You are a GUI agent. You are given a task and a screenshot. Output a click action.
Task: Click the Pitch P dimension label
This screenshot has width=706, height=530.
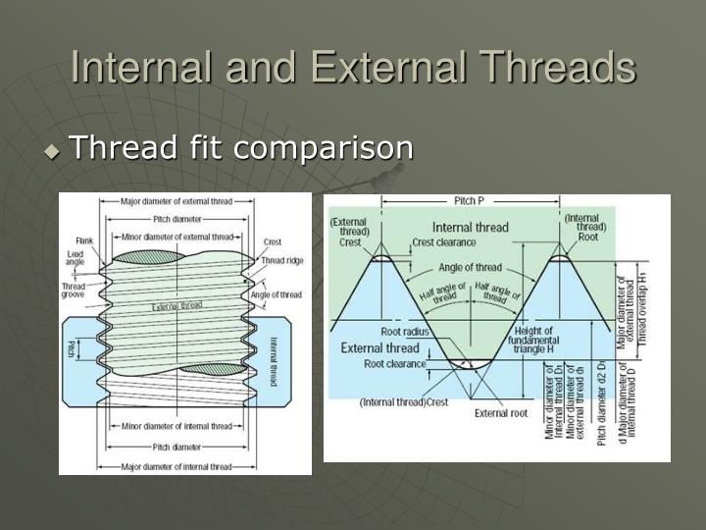click(468, 201)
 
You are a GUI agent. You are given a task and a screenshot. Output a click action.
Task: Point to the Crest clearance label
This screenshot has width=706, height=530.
click(444, 241)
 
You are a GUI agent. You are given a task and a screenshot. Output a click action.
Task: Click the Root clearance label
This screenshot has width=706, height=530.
click(394, 363)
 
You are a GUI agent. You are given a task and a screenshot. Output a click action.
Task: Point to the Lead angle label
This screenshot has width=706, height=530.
click(76, 257)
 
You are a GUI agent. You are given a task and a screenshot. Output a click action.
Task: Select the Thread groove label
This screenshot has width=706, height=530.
click(75, 292)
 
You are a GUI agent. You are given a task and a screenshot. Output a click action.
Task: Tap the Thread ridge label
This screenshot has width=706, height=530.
click(281, 260)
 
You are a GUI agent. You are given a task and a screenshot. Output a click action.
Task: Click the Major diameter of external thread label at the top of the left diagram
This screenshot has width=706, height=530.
click(176, 201)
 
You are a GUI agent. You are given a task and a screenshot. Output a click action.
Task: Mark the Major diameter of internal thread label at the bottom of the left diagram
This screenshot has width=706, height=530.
click(176, 466)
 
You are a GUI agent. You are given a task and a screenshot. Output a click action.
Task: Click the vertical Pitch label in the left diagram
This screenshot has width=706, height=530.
click(72, 348)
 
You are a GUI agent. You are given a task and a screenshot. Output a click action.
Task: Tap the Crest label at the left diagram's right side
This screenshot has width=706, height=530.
click(273, 241)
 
